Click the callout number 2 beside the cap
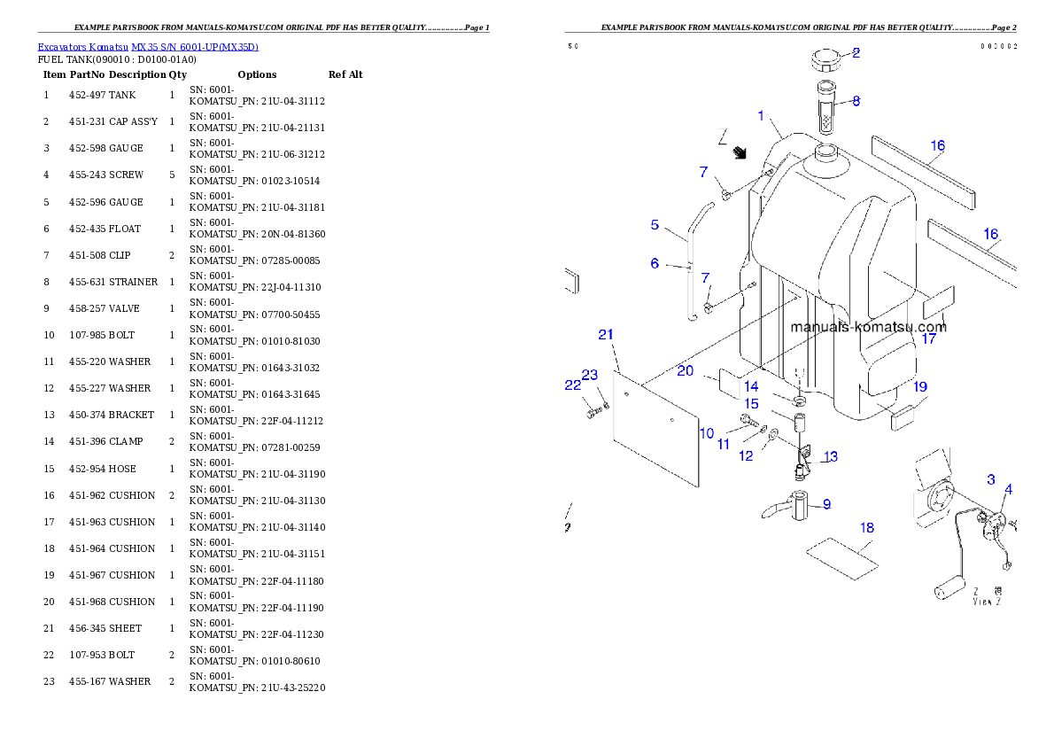click(856, 52)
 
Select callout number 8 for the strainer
click(856, 101)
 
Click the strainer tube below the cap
click(825, 111)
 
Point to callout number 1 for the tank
click(760, 116)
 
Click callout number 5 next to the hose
click(655, 225)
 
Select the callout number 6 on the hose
click(655, 263)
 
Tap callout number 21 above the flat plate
click(606, 334)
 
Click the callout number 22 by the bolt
click(573, 385)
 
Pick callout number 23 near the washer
click(591, 376)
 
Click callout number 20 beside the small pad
click(686, 371)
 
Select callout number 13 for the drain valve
click(830, 457)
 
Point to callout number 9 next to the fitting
click(826, 504)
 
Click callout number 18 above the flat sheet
click(867, 528)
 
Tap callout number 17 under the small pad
click(928, 338)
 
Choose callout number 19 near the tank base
click(920, 387)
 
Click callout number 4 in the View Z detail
click(1009, 489)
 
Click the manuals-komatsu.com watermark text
click(868, 327)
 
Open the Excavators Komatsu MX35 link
click(148, 47)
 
